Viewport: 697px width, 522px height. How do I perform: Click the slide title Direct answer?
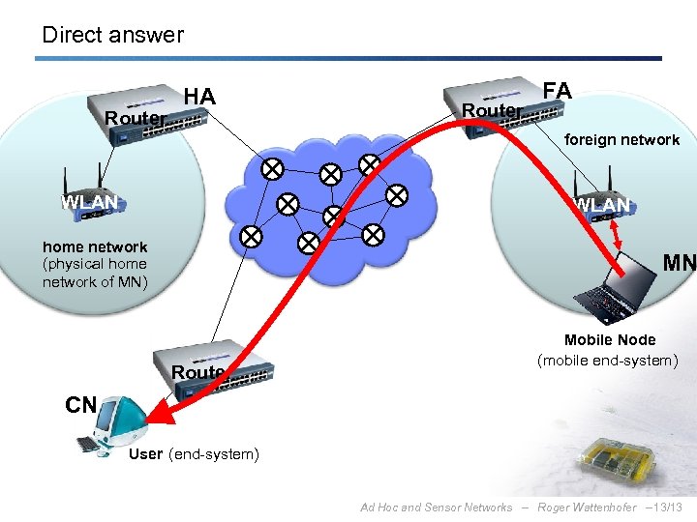(x=112, y=35)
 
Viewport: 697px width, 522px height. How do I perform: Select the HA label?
(x=199, y=97)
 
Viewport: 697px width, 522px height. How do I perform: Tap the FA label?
(x=558, y=91)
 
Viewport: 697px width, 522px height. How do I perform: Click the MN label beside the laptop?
(x=679, y=262)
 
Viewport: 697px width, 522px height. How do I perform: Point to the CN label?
(x=80, y=405)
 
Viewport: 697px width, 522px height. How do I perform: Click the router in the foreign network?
(x=494, y=105)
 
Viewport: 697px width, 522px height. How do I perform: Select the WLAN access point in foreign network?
(x=601, y=197)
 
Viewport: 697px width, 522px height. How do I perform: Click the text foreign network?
(x=621, y=140)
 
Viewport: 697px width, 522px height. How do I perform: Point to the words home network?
(x=95, y=246)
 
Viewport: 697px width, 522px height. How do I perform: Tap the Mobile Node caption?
(x=610, y=339)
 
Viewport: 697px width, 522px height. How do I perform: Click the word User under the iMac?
(x=145, y=454)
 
